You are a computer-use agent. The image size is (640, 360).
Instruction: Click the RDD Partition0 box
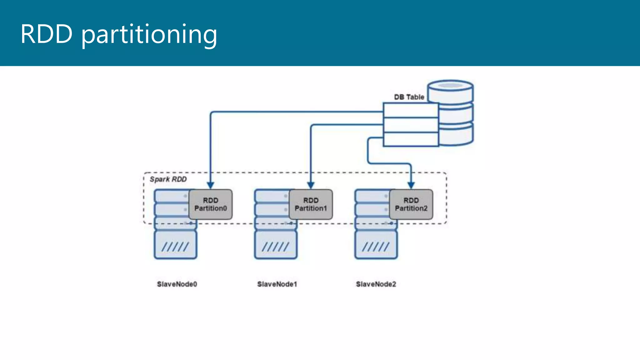(211, 204)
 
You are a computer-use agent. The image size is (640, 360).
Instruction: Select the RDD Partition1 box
(311, 204)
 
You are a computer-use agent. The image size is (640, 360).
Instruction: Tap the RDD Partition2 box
(411, 204)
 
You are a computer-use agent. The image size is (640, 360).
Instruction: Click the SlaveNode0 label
(177, 284)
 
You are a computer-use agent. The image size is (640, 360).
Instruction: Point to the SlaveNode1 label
(277, 284)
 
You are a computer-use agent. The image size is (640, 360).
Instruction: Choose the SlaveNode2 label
(376, 284)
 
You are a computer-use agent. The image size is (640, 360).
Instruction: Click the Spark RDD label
(168, 179)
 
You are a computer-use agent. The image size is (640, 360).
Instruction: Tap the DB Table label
(409, 97)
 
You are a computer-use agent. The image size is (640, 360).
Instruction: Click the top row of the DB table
(411, 110)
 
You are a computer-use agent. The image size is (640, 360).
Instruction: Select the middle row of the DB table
(411, 125)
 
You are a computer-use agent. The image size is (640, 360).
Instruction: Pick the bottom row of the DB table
(411, 139)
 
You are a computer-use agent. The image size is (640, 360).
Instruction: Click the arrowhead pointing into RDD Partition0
(211, 185)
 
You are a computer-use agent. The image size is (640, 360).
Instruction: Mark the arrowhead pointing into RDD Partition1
(311, 185)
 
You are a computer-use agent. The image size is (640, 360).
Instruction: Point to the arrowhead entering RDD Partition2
(411, 185)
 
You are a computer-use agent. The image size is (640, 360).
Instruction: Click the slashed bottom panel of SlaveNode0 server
(175, 245)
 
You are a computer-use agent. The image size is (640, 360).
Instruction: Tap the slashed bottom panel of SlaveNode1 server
(276, 245)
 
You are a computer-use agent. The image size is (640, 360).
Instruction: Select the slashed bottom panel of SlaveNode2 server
(376, 245)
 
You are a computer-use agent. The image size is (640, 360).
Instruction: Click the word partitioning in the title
(149, 34)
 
